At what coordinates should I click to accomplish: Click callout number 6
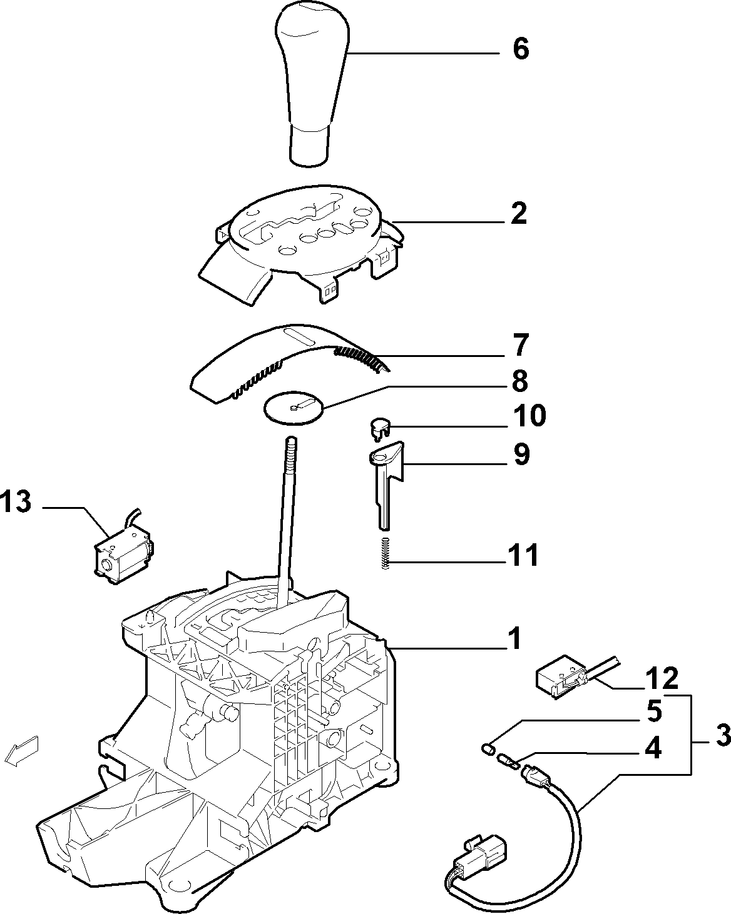click(521, 49)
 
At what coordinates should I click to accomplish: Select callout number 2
click(518, 213)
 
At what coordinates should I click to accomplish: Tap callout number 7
click(520, 345)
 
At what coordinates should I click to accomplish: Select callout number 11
click(523, 555)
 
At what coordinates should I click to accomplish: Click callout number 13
click(16, 501)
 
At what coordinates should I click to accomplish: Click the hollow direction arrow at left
click(21, 751)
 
